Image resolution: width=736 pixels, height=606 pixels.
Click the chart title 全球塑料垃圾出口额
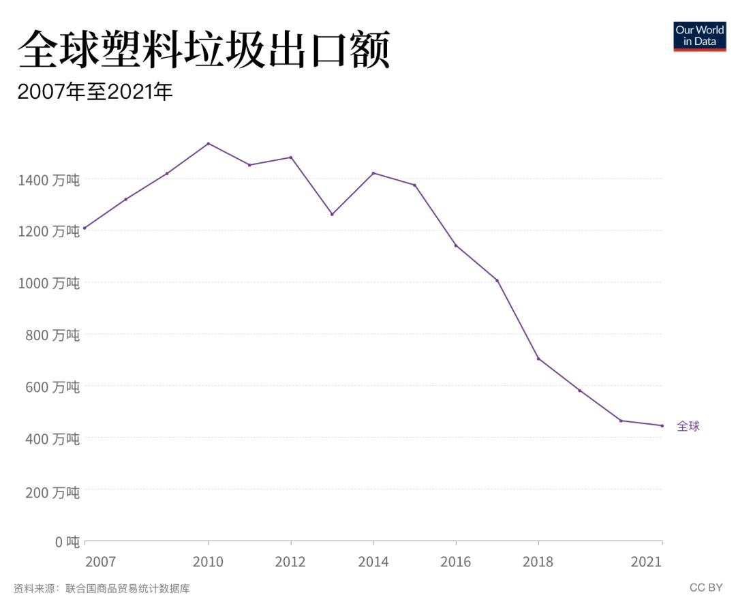204,49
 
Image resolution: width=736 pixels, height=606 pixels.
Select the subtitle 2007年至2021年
95,92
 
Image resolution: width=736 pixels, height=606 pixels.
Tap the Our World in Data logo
699,36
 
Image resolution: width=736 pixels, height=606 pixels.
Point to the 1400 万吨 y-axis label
48,180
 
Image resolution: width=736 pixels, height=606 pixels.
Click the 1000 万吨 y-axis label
48,283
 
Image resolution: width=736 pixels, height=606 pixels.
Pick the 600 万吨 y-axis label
48,387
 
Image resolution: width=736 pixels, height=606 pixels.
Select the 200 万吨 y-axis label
48,491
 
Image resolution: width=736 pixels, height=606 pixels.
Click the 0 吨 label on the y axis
67,542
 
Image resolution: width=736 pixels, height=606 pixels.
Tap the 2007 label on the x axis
100,562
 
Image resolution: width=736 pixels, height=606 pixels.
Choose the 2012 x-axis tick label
290,562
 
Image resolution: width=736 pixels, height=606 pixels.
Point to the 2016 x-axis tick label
455,562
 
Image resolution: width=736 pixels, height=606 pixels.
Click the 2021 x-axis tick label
646,562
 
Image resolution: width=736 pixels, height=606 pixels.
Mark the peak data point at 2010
208,143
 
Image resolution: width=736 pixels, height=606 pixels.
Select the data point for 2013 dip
332,214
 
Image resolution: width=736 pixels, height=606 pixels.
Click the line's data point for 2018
538,359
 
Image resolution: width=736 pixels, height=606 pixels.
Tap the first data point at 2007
85,228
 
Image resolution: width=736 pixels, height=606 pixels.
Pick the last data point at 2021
662,425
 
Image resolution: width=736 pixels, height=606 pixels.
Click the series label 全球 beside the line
688,427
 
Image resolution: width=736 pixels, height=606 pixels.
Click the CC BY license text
705,588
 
